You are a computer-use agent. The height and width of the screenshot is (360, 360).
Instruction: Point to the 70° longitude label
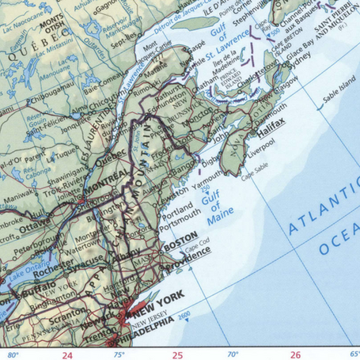[233, 354]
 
